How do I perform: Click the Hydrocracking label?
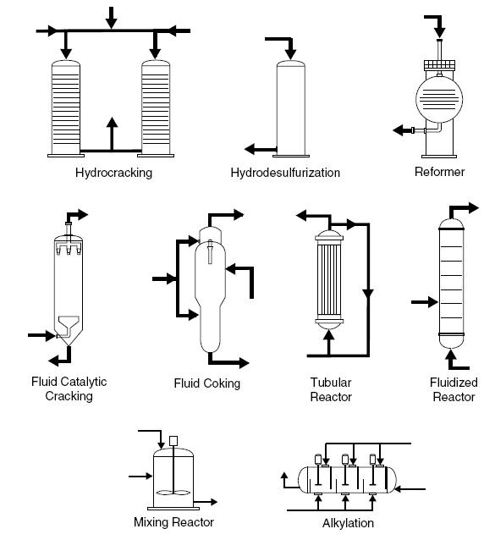coord(113,173)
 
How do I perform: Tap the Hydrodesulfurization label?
coord(285,173)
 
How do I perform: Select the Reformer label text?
coord(439,173)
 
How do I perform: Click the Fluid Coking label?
coord(207,383)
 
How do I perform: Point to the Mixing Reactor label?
coord(173,521)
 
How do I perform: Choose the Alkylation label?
coord(348,523)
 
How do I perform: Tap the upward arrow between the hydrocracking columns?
coord(111,131)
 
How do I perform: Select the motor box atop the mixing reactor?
coord(174,441)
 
